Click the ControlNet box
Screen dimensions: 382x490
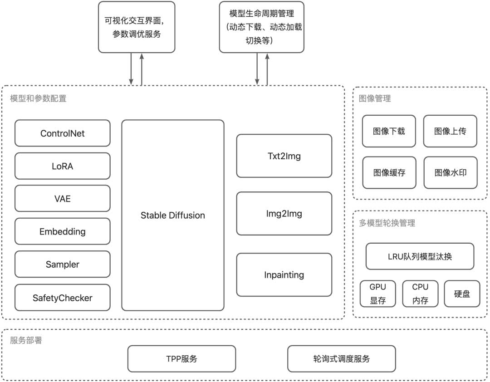[62, 133]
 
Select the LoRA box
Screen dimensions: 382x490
[62, 166]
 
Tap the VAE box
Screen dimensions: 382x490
[62, 199]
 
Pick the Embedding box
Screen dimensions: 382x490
[62, 231]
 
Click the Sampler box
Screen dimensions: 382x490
[62, 264]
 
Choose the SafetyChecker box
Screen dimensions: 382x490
[62, 298]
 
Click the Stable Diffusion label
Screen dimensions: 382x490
[172, 215]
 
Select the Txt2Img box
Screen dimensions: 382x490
[284, 156]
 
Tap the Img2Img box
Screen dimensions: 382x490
[284, 214]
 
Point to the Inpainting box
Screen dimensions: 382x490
[284, 275]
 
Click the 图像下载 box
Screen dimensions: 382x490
[389, 131]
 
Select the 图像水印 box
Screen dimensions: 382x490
[450, 172]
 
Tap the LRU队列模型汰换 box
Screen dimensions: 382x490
[420, 256]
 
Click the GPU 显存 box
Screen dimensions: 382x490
[377, 294]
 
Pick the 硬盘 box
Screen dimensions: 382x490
[461, 294]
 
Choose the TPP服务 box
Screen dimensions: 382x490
[181, 358]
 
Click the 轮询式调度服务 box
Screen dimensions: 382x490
[341, 358]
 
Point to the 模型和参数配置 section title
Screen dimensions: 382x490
[38, 98]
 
